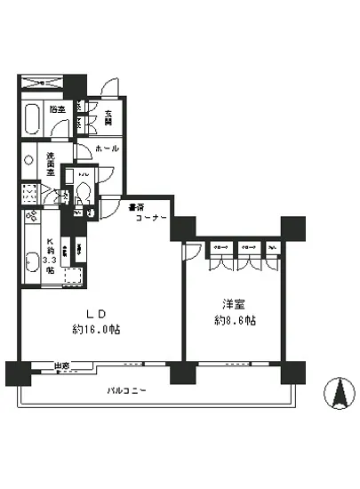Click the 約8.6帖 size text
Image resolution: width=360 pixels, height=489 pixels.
[234, 318]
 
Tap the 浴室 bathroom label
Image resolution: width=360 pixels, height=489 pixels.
[58, 109]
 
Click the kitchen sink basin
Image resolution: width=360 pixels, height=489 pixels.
[31, 261]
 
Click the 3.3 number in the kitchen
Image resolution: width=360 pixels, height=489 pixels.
[51, 261]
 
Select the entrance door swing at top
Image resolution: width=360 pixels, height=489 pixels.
[111, 88]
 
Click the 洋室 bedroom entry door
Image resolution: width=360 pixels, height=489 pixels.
[190, 252]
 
